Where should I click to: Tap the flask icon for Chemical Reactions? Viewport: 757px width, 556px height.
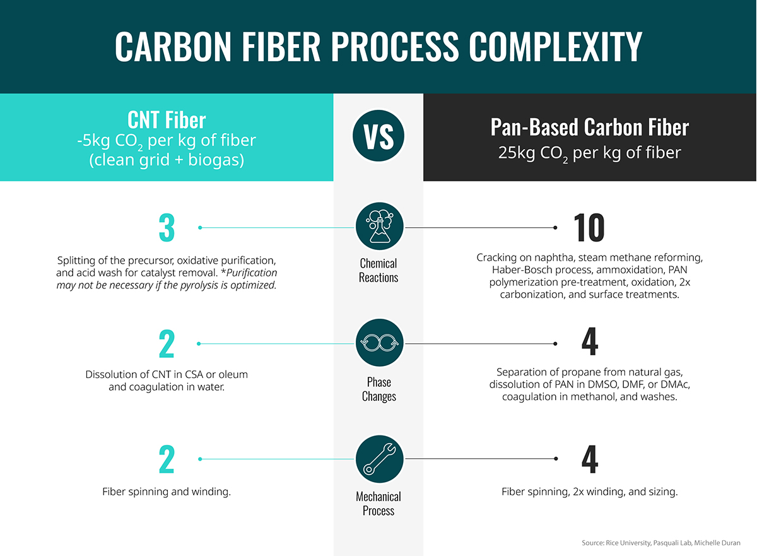click(x=380, y=226)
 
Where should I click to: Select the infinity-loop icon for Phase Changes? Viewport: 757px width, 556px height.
click(x=380, y=343)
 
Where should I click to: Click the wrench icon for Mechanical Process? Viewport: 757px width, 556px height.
click(x=380, y=459)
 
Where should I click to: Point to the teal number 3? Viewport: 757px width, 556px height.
click(x=167, y=227)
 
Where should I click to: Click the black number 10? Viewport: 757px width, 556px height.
click(x=589, y=227)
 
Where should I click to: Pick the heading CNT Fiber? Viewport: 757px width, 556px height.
click(x=167, y=120)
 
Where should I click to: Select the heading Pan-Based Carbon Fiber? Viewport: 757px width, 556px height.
click(x=590, y=127)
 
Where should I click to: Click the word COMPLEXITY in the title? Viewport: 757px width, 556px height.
click(x=555, y=46)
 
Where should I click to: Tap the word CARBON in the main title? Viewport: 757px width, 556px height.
click(x=173, y=46)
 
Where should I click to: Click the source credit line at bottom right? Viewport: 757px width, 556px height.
click(x=660, y=543)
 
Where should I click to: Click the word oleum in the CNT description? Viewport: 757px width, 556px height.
click(x=233, y=374)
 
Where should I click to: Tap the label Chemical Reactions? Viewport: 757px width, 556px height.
click(x=378, y=270)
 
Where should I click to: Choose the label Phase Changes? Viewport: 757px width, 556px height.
click(x=379, y=389)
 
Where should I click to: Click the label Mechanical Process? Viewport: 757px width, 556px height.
click(x=378, y=504)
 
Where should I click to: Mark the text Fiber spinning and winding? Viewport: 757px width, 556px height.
click(x=167, y=492)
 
